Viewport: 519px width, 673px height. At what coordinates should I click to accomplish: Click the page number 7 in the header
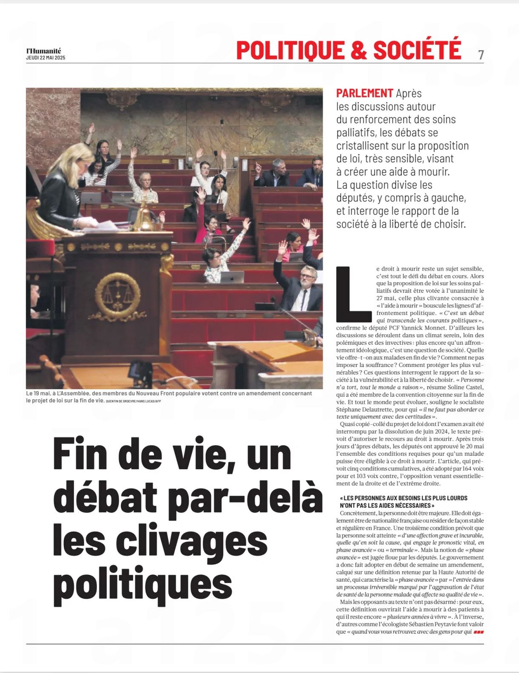tap(481, 55)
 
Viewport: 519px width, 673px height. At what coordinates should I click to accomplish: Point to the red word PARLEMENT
tap(365, 93)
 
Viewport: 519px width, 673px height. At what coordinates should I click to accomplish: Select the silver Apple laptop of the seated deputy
tap(232, 277)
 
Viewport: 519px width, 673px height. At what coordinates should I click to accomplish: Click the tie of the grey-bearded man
tap(304, 300)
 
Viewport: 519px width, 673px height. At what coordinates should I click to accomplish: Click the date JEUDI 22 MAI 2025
tap(46, 58)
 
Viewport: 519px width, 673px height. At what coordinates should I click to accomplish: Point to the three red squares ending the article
tap(479, 632)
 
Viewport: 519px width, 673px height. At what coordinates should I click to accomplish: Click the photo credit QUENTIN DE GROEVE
tap(120, 401)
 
